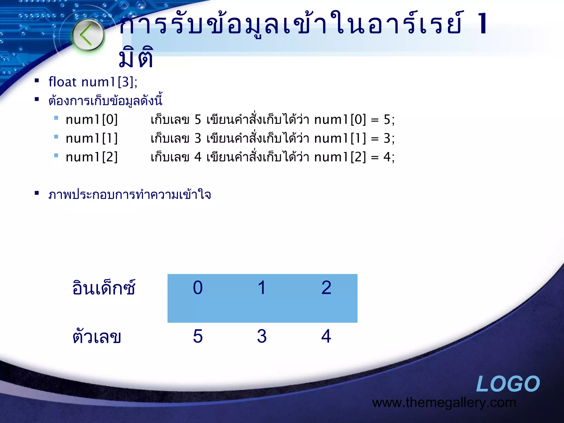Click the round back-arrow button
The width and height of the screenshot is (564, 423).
point(88,35)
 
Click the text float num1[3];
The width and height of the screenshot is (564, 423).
point(93,82)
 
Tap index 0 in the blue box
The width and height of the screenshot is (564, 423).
point(198,288)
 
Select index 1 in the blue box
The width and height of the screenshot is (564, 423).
point(262,288)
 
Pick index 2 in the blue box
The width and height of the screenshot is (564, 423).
point(326,288)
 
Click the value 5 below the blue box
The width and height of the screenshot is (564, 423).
point(198,336)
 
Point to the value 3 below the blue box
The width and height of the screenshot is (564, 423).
point(262,336)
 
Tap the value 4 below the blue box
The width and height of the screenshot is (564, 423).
point(326,336)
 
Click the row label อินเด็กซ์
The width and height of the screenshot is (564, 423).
point(104,288)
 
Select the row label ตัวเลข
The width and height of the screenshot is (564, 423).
point(97,336)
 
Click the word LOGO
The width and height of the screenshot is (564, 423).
point(508,384)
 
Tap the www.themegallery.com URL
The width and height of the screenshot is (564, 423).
point(444,403)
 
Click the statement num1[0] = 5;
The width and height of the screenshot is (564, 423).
point(354,120)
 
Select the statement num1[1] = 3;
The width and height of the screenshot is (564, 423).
point(354,138)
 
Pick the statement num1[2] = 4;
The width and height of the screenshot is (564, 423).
point(354,157)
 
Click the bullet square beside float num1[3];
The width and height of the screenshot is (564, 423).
point(37,81)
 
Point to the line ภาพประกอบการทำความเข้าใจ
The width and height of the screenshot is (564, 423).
point(130,195)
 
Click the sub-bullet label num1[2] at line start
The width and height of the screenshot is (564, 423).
point(92,157)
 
